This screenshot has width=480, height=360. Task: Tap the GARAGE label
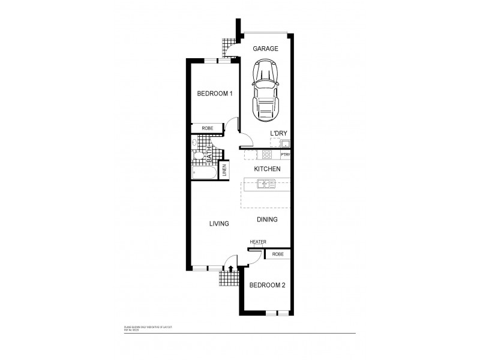[265, 49]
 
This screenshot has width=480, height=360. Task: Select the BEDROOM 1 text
[215, 94]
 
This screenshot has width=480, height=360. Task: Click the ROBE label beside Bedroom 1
[207, 128]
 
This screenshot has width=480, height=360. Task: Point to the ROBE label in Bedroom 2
[278, 254]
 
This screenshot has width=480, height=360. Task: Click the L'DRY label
[278, 133]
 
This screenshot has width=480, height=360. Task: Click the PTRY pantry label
[286, 155]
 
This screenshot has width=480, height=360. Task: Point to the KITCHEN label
[267, 169]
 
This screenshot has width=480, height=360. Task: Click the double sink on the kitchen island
[266, 184]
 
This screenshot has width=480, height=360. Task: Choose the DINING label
[267, 220]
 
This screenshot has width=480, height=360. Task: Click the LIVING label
[219, 224]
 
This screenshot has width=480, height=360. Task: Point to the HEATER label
[258, 242]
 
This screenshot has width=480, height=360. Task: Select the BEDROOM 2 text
[267, 285]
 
